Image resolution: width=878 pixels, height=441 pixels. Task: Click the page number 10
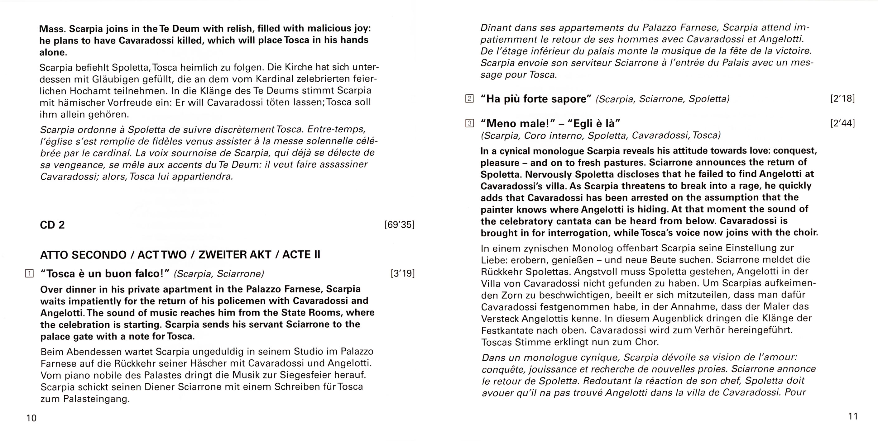[x=31, y=418]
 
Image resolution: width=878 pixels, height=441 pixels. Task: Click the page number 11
[x=853, y=416]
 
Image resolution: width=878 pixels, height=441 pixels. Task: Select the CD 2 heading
[x=52, y=225]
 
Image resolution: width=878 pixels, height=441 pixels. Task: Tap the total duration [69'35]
[x=399, y=225]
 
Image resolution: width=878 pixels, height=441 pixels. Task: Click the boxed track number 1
[x=30, y=273]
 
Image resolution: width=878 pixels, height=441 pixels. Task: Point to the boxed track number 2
[x=469, y=99]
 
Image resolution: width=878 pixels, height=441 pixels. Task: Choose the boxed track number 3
[x=469, y=123]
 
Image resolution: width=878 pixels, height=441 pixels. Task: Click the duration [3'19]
[x=402, y=273]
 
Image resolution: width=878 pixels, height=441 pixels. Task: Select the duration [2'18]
[x=842, y=99]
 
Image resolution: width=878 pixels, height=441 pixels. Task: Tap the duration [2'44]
[x=842, y=123]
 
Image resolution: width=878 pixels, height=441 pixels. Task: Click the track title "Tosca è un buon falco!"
[x=105, y=273]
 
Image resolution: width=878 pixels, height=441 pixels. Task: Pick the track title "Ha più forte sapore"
[x=536, y=99]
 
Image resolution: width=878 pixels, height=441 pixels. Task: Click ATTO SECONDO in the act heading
[x=83, y=255]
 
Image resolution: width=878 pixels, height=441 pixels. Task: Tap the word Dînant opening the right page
[x=495, y=28]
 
